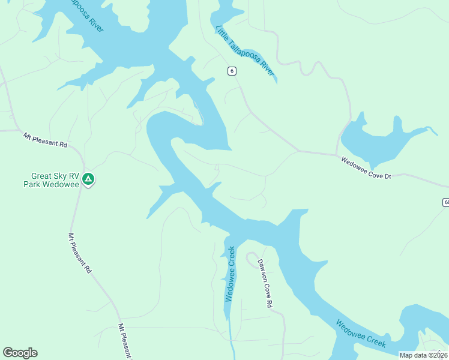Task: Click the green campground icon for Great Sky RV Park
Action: point(88,178)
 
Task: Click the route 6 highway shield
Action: point(232,71)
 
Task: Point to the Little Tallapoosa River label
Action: point(245,50)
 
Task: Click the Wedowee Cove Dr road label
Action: point(366,169)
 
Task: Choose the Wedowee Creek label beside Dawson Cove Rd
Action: point(230,274)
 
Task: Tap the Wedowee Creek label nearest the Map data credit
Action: point(360,334)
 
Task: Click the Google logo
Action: point(20,353)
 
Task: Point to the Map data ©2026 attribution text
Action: point(423,355)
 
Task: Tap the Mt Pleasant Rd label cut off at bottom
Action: point(125,342)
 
